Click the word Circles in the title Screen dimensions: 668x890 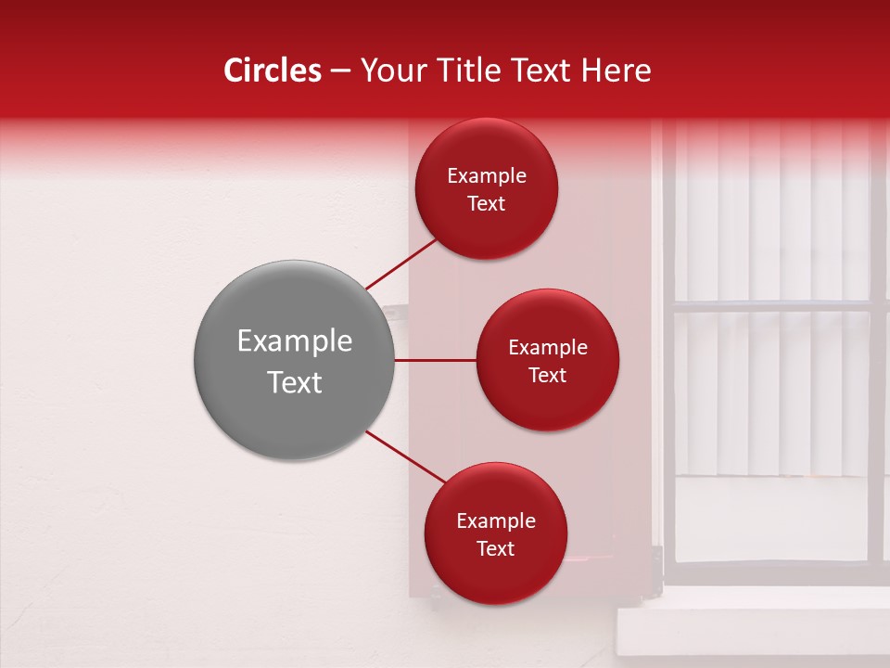coord(272,71)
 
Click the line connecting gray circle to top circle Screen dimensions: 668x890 coord(402,263)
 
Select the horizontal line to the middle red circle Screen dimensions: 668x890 coord(435,360)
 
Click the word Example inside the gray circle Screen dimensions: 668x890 coord(294,341)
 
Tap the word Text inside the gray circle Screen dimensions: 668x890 coord(294,382)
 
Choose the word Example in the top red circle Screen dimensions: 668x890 coord(486,176)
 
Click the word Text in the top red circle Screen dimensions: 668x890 coord(486,204)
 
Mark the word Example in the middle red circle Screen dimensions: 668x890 coord(547,348)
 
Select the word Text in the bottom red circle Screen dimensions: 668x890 coord(495,549)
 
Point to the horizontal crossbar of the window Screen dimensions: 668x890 coord(769,305)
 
